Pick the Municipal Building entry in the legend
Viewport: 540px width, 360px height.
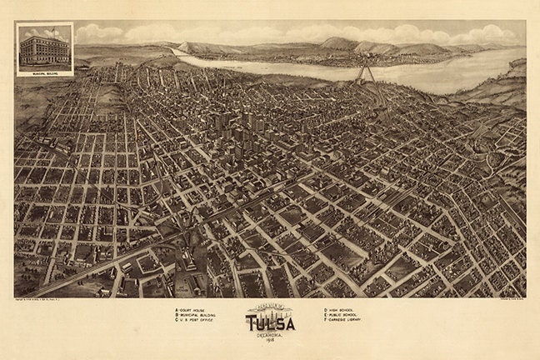click(x=197, y=317)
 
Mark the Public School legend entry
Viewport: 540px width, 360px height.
click(x=342, y=317)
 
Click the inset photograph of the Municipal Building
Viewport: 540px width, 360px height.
click(x=44, y=47)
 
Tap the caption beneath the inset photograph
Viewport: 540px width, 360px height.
click(x=44, y=72)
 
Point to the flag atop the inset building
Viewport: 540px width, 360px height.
click(x=48, y=30)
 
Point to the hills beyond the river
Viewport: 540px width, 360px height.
click(x=350, y=43)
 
